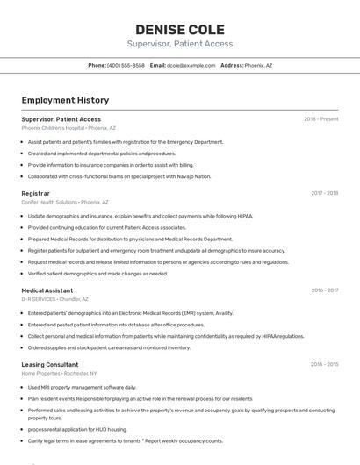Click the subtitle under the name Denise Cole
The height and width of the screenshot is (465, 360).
point(179,44)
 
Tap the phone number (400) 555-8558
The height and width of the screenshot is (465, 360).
point(126,65)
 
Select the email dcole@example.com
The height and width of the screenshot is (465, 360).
point(191,65)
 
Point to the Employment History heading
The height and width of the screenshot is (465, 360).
point(65,100)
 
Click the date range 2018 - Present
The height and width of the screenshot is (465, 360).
point(320,118)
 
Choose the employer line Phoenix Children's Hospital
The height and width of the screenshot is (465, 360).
point(68,127)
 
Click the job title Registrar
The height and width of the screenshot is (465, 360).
point(35,192)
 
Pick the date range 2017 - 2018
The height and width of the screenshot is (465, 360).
point(324,192)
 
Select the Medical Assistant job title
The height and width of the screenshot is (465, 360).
point(47,290)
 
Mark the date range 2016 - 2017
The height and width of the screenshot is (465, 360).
point(324,290)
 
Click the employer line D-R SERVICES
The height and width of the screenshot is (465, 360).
point(55,298)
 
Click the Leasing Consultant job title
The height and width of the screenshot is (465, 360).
point(50,363)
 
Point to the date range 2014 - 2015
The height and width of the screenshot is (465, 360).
point(324,363)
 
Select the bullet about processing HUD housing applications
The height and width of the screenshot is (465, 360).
point(77,429)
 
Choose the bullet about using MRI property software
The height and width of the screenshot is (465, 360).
point(82,387)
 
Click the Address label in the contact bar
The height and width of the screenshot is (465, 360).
point(232,65)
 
